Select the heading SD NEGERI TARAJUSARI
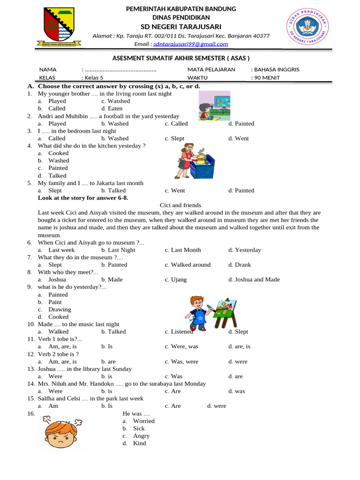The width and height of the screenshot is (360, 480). coord(180,26)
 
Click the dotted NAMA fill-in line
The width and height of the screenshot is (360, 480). coord(120,70)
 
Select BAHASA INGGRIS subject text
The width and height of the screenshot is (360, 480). coord(277,70)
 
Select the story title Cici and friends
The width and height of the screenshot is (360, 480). coord(180,205)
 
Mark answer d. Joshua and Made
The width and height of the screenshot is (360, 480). coord(254,279)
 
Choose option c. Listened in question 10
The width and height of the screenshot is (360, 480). coord(179,331)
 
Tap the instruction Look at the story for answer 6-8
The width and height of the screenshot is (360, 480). coord(83,198)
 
